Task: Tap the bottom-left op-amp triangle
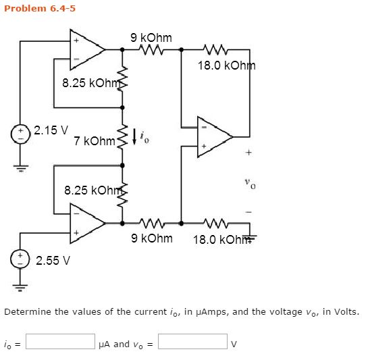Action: tap(86, 224)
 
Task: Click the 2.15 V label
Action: tap(51, 130)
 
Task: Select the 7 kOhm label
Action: tap(95, 141)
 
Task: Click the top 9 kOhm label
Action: tap(151, 38)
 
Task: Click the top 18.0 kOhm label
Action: tap(226, 66)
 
